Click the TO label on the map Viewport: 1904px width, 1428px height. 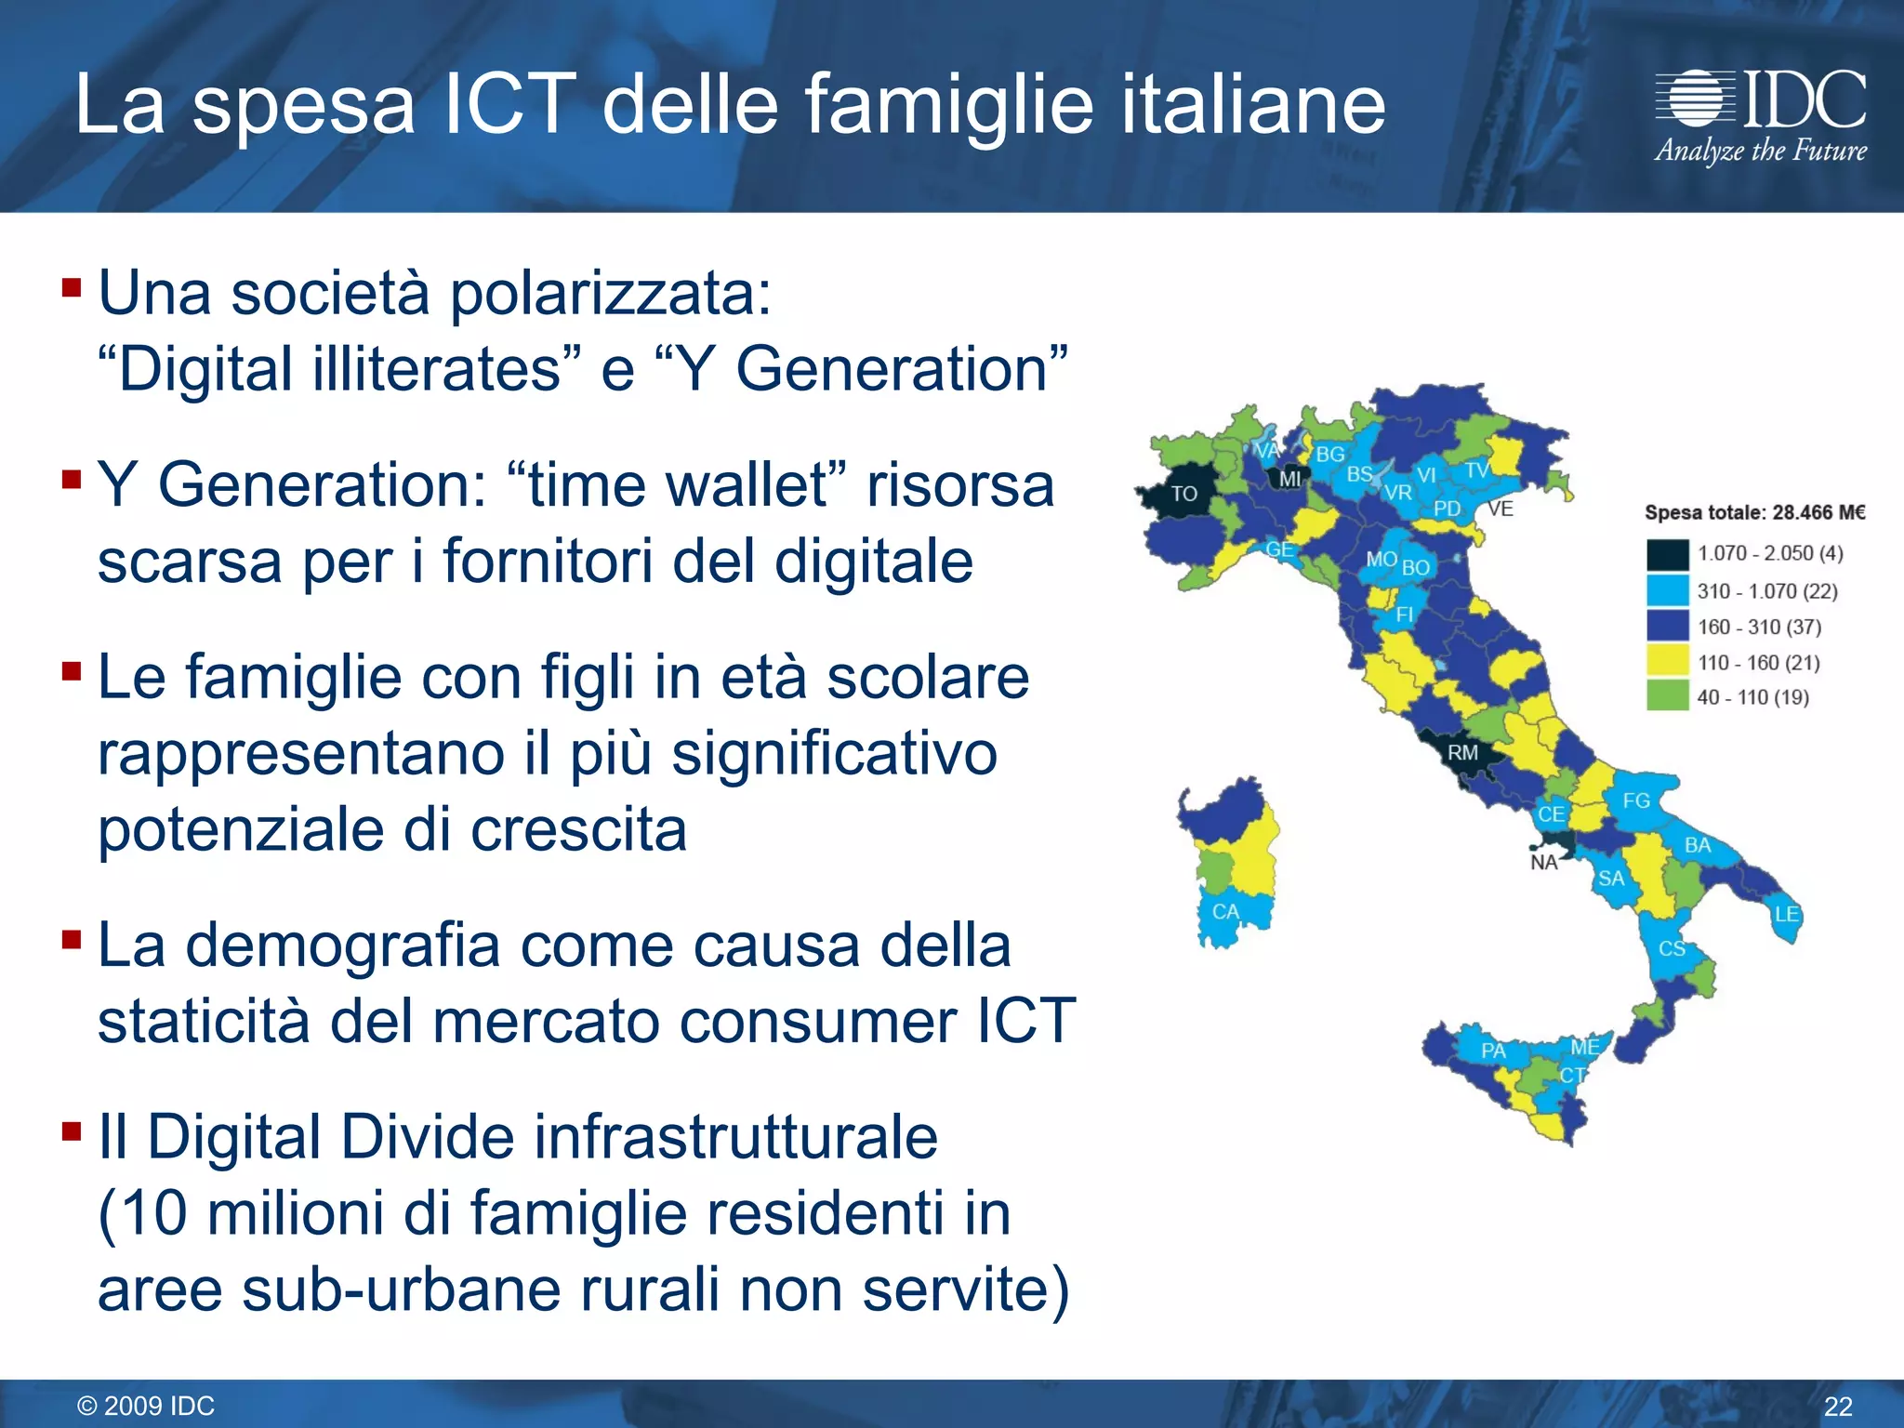pos(1183,494)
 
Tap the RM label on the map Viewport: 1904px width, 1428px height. pos(1462,752)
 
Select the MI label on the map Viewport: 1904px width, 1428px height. pos(1289,479)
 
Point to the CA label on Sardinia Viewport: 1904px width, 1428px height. pos(1225,912)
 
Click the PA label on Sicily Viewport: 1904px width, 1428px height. pos(1493,1051)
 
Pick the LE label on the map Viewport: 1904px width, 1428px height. pos(1786,914)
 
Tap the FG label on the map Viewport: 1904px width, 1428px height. pos(1636,800)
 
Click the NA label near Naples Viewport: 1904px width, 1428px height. pos(1543,863)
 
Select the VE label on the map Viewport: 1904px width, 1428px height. pos(1501,509)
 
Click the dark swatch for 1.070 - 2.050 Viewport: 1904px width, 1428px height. pos(1667,554)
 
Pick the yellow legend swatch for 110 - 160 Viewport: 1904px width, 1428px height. pos(1667,662)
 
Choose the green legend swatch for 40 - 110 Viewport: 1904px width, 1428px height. pos(1667,696)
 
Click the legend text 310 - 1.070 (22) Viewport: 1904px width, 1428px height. pos(1766,591)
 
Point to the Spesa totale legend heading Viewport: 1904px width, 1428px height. pos(1754,512)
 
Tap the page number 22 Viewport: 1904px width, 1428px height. pos(1838,1406)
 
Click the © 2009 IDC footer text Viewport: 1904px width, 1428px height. pos(146,1406)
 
